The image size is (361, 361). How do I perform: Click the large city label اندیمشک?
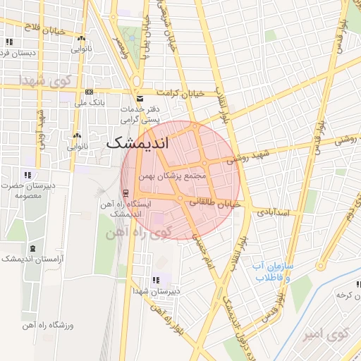click(137, 142)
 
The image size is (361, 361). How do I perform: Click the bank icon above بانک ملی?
click(89, 92)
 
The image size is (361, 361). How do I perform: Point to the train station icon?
click(126, 193)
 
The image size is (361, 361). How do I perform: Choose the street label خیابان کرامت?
click(180, 93)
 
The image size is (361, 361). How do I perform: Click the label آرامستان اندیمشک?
click(32, 259)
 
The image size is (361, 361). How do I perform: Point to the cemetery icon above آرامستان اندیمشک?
click(32, 248)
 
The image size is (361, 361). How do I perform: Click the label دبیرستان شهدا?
click(156, 290)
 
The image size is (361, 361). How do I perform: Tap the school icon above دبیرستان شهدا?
click(156, 280)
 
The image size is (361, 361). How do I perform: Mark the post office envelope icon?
click(140, 98)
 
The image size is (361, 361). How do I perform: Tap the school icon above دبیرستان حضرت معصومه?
click(27, 174)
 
